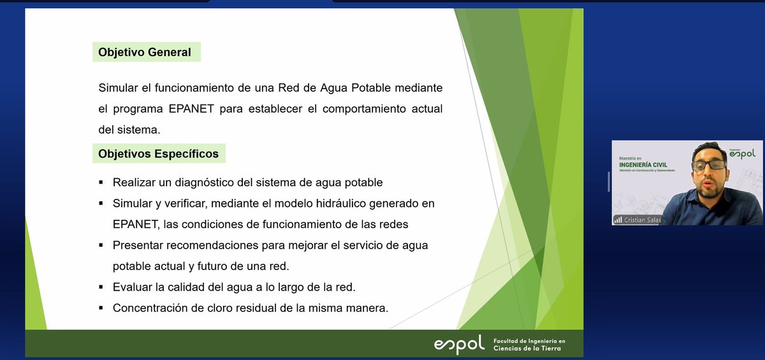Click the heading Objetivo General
(x=145, y=52)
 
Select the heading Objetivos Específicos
(x=158, y=154)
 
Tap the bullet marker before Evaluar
(x=101, y=287)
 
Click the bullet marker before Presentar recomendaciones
(x=101, y=245)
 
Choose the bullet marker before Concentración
(x=101, y=308)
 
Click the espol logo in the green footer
(x=459, y=345)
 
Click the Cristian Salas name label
(x=643, y=220)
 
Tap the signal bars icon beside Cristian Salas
(x=618, y=220)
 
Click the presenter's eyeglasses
(x=708, y=165)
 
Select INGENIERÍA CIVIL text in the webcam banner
(x=643, y=165)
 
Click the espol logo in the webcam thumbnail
(x=741, y=153)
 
